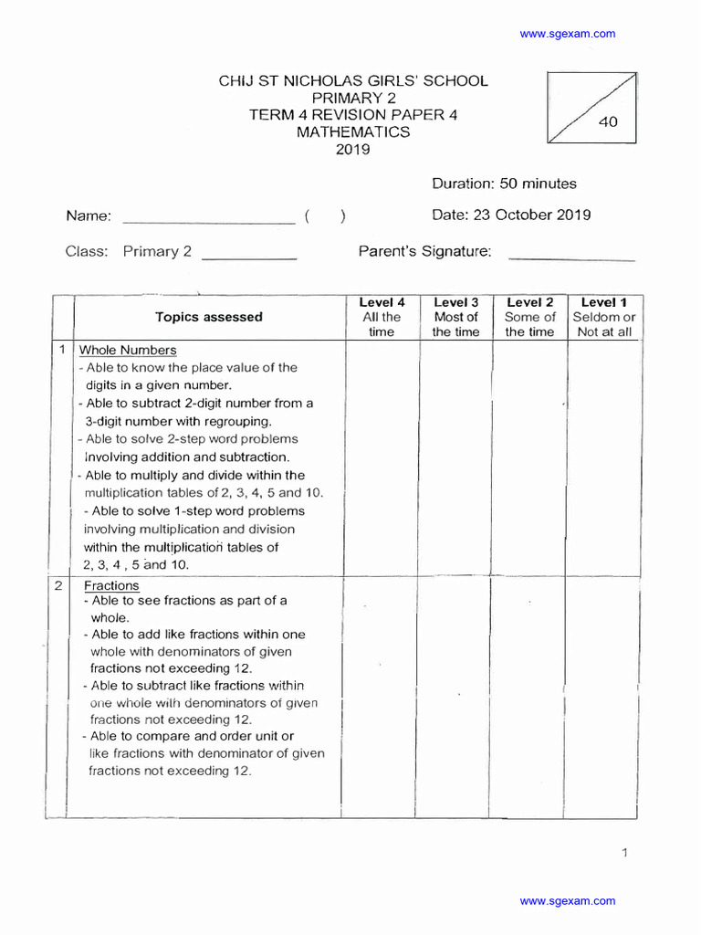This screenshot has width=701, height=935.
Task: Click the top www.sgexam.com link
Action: point(567,34)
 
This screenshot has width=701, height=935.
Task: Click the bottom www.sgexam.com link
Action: point(567,901)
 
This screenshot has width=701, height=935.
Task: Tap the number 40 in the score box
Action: point(608,122)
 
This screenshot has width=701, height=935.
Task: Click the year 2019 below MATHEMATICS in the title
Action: point(352,150)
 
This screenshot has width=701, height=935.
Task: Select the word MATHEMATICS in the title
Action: point(353,132)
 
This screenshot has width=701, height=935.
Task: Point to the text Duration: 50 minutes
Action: point(504,184)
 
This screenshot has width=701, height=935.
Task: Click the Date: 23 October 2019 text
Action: point(510,215)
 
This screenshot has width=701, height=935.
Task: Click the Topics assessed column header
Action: point(209,318)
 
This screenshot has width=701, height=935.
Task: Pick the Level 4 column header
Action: point(382,317)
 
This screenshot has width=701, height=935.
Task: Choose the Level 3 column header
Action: point(455,317)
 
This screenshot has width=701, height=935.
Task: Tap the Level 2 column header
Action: point(529,317)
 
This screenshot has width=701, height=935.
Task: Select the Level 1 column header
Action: point(604,317)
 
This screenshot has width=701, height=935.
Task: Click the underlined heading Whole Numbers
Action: point(128,351)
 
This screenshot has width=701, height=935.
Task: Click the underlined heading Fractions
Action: point(111,585)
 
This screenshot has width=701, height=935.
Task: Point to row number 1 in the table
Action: point(61,351)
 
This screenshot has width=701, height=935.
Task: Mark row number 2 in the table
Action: point(59,585)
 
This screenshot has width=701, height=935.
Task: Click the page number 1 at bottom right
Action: point(624,853)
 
